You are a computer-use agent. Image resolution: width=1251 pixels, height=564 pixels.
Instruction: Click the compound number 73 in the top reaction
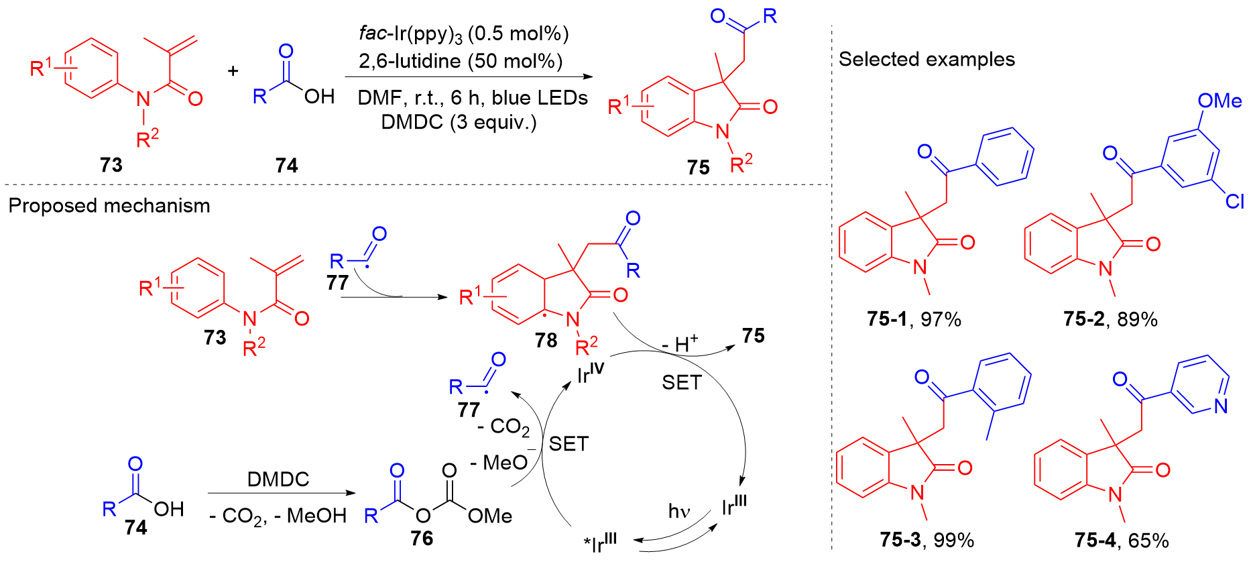tap(111, 165)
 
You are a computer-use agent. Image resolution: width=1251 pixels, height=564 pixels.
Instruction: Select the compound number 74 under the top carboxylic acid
tap(286, 166)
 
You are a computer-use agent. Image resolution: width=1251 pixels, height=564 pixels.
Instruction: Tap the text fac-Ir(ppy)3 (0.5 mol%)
tap(463, 34)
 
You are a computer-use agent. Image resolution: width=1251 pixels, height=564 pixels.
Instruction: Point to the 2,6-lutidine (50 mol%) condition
tap(461, 62)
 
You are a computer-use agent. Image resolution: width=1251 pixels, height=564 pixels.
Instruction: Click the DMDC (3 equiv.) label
tap(459, 123)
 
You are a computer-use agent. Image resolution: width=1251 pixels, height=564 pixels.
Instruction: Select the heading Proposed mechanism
tap(109, 205)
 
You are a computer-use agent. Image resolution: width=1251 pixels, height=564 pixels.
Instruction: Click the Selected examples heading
tap(927, 60)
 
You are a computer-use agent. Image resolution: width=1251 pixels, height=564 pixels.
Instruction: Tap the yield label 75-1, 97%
tap(914, 319)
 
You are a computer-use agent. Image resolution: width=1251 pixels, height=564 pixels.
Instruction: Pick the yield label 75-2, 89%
tap(1110, 319)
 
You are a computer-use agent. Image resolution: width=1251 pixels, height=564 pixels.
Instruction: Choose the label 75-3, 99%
tap(927, 541)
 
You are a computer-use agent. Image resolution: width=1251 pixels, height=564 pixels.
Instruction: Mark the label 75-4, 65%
tap(1122, 541)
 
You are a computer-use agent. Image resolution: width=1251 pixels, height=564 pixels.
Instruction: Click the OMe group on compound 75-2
tap(1219, 101)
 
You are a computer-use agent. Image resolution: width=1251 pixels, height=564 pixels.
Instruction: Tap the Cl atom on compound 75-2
tap(1234, 201)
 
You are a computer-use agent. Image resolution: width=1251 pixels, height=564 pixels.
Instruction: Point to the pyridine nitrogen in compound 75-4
tap(1221, 406)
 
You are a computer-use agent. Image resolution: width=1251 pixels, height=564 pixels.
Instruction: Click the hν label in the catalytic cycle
tap(678, 512)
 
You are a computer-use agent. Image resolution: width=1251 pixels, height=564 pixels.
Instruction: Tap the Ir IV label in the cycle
tap(591, 373)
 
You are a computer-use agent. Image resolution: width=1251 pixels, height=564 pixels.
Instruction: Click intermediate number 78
tap(546, 341)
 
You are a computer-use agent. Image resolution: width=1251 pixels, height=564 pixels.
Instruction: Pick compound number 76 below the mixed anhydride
tap(422, 539)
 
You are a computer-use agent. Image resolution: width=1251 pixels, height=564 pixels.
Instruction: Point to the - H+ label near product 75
tap(680, 343)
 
